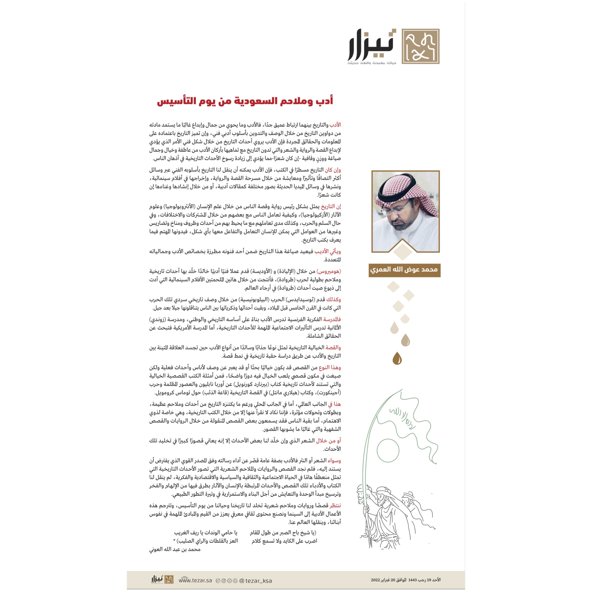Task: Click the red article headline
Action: [245, 101]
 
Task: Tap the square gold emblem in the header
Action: [420, 46]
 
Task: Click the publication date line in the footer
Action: [406, 580]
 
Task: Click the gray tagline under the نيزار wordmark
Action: [372, 63]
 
